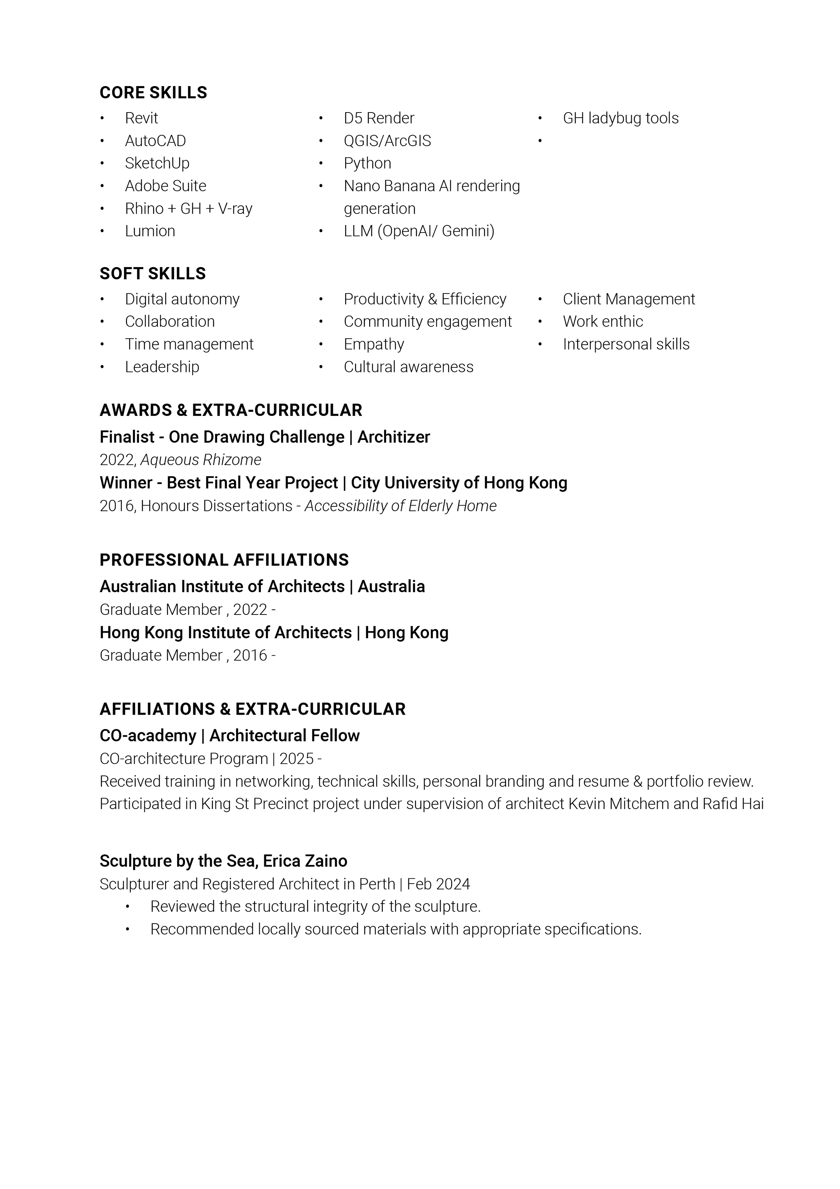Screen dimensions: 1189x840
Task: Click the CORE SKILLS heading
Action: coord(153,93)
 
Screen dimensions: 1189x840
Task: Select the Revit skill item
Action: coord(141,118)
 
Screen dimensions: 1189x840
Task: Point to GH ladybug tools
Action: coord(620,118)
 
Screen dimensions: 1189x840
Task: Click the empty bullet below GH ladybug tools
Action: coord(540,141)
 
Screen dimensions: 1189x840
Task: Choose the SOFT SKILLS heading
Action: coord(153,273)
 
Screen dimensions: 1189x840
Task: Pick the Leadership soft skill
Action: coord(162,367)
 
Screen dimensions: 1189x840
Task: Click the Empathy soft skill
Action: coord(374,344)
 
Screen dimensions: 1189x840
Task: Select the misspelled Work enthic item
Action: coord(602,321)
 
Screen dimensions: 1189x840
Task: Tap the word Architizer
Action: coord(393,437)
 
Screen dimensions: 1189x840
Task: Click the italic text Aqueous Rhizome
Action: coord(201,460)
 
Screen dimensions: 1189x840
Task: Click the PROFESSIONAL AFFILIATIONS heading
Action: coord(224,560)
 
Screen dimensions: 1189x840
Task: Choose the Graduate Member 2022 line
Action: coord(187,610)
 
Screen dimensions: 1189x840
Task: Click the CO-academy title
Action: coord(148,735)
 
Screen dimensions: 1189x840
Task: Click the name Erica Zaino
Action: coord(305,861)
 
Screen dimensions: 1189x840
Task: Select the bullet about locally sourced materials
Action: coord(396,929)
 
